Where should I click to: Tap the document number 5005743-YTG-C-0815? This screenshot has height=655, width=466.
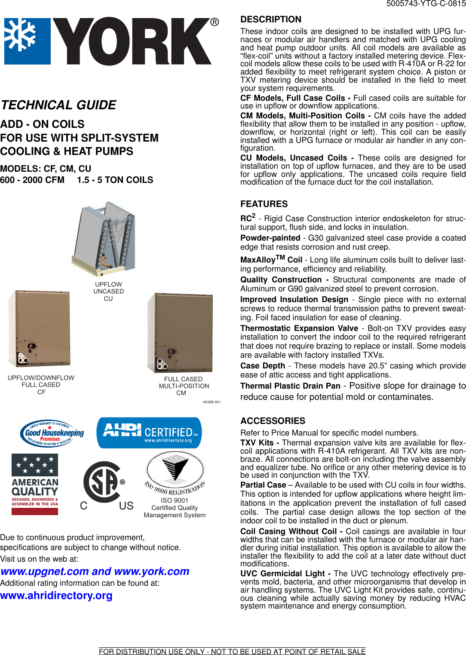pyautogui.click(x=426, y=4)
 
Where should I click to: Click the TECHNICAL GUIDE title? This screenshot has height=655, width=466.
pyautogui.click(x=58, y=105)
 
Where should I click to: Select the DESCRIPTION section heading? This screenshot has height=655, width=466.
pyautogui.click(x=271, y=19)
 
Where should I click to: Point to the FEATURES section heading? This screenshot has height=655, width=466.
pyautogui.click(x=264, y=204)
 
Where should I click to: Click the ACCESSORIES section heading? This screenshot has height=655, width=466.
pyautogui.click(x=273, y=421)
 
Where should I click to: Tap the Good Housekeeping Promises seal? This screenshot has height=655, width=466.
pyautogui.click(x=52, y=433)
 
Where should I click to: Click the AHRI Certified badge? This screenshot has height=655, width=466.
pyautogui.click(x=149, y=433)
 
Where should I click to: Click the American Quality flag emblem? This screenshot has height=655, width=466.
pyautogui.click(x=35, y=484)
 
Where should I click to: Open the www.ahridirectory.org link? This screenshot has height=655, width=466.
pyautogui.click(x=56, y=596)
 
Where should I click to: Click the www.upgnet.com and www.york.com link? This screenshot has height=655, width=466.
pyautogui.click(x=95, y=572)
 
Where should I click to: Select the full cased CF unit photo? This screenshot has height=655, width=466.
pyautogui.click(x=40, y=329)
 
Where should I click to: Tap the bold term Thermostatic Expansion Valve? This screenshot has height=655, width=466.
pyautogui.click(x=299, y=328)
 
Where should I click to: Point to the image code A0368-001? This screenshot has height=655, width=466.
pyautogui.click(x=212, y=402)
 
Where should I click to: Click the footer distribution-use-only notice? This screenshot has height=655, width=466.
pyautogui.click(x=232, y=651)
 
